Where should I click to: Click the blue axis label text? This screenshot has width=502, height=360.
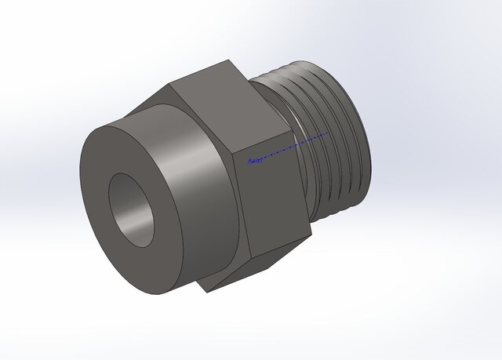coord(254,162)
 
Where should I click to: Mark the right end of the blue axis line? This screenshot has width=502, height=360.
coord(329,133)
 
